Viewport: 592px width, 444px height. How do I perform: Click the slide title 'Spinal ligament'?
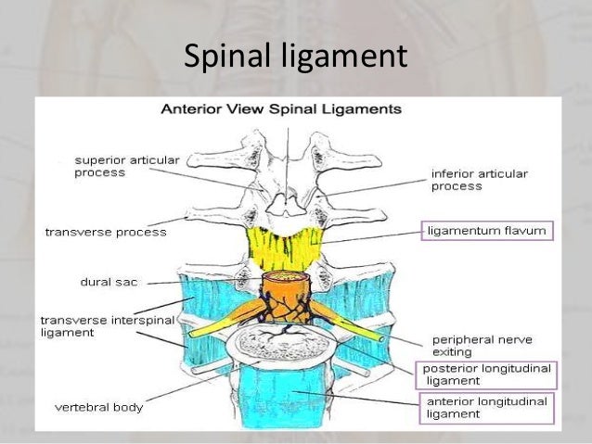pyautogui.click(x=296, y=57)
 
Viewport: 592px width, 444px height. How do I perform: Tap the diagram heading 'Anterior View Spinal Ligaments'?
pyautogui.click(x=281, y=108)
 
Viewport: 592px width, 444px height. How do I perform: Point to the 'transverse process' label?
pyautogui.click(x=106, y=232)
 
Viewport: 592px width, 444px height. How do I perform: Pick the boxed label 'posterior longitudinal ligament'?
pyautogui.click(x=486, y=374)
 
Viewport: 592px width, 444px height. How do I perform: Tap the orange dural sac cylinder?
pyautogui.click(x=287, y=298)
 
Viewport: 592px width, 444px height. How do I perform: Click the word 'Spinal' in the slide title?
pyautogui.click(x=228, y=57)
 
